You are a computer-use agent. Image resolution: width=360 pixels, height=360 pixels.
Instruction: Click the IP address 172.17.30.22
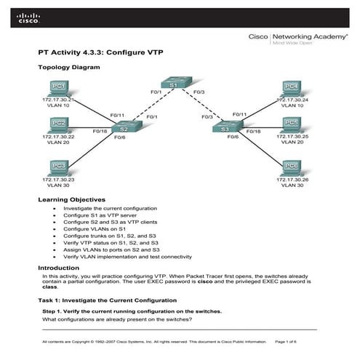[59, 136]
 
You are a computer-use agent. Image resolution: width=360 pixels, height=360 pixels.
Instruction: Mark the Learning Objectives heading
[71, 199]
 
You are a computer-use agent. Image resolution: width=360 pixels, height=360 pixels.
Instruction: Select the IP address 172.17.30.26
[292, 179]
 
